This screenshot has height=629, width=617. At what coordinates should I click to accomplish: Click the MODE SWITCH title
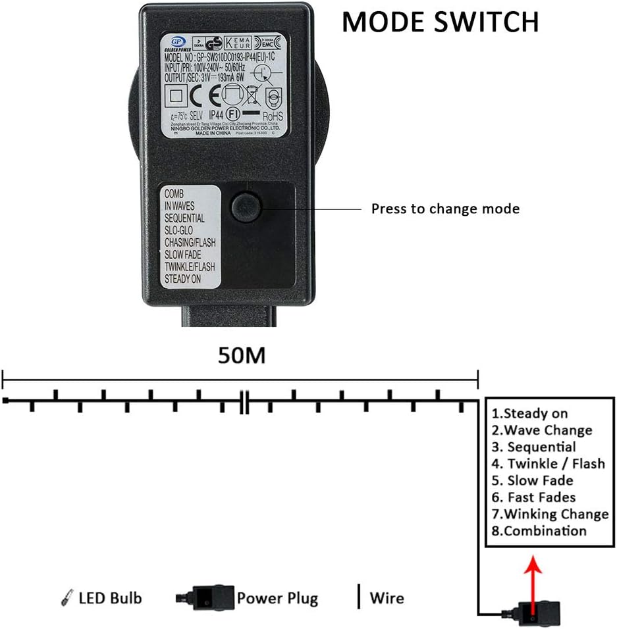click(440, 22)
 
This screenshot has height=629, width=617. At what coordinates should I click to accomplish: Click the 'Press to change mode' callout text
click(445, 209)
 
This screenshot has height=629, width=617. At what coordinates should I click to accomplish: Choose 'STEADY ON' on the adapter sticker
click(182, 279)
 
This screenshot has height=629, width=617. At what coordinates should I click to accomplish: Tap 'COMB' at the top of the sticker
click(174, 194)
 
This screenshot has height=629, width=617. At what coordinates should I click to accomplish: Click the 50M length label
click(242, 356)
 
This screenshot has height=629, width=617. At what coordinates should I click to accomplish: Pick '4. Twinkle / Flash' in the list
click(548, 464)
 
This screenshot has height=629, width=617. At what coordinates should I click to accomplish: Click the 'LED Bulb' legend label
click(109, 598)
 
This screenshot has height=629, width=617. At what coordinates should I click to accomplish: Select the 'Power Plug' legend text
click(277, 598)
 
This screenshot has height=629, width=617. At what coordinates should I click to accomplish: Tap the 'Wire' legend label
click(387, 598)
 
